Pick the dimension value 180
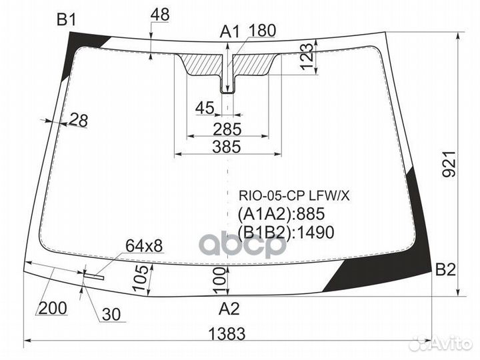pos(262,31)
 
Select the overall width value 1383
pos(229,333)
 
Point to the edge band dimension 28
pos(78,121)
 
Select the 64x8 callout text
pos(143,246)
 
